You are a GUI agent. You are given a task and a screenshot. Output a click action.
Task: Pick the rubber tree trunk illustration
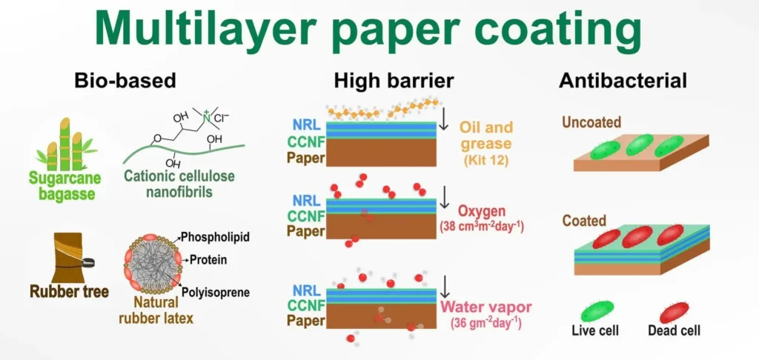(x=69, y=257)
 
